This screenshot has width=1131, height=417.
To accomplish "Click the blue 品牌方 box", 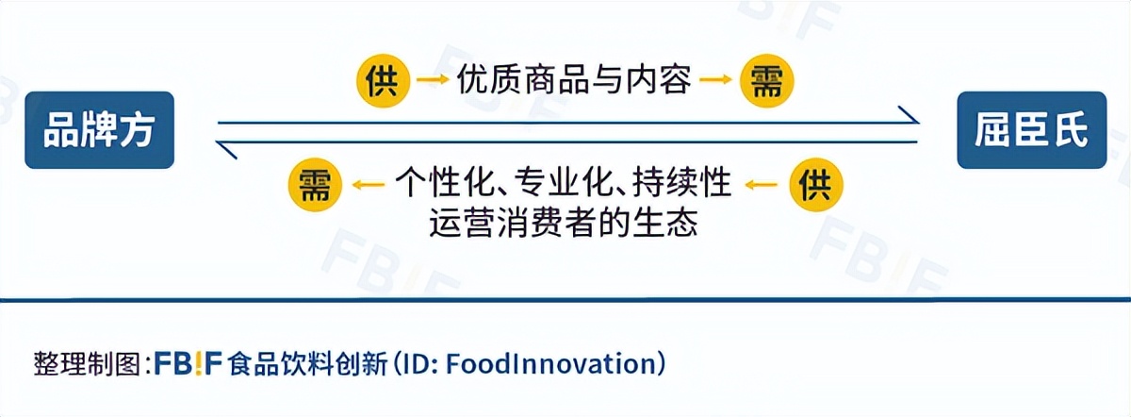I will coord(99,130).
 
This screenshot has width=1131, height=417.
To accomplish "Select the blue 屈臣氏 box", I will coord(1031,130).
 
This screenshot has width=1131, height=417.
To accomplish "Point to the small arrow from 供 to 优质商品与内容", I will coord(433,81).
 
